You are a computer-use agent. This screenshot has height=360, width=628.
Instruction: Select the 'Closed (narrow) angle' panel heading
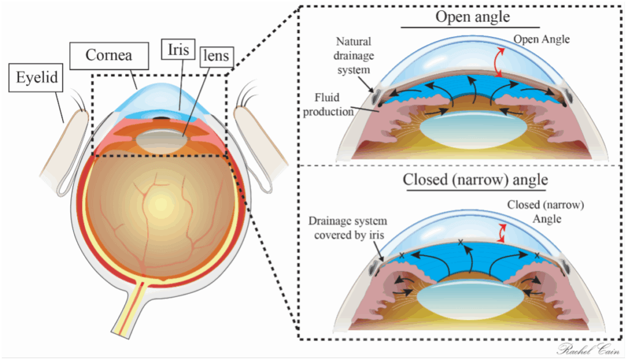pos(475,180)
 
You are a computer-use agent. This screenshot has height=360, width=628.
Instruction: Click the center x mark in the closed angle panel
pos(461,243)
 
